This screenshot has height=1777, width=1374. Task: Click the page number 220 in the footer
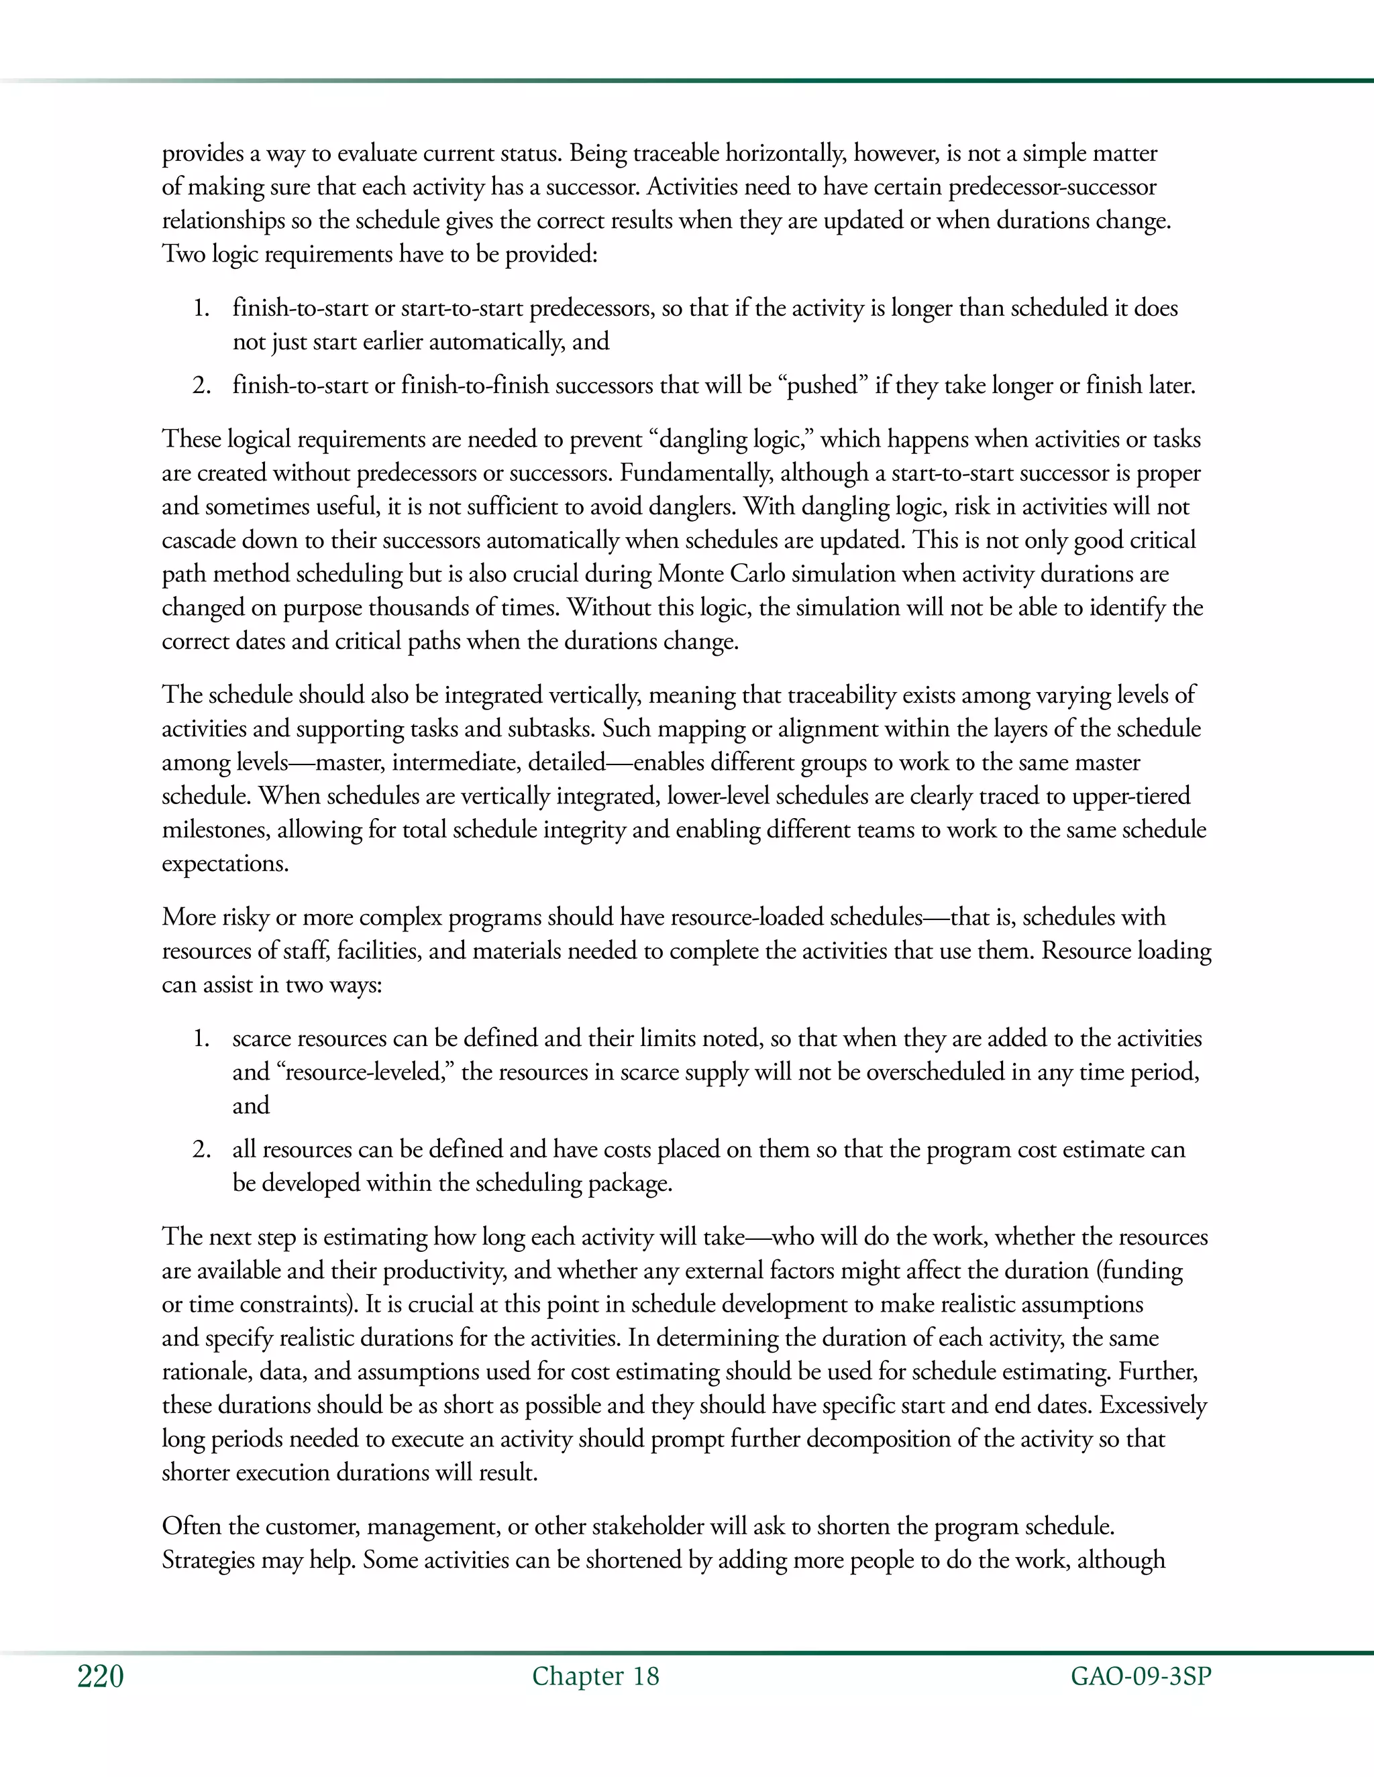100,1677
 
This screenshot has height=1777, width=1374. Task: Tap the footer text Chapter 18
595,1676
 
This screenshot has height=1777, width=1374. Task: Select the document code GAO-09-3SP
1141,1676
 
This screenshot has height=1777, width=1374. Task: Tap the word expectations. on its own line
225,862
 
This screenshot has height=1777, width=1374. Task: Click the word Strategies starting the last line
209,1560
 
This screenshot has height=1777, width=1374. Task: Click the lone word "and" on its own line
251,1105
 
